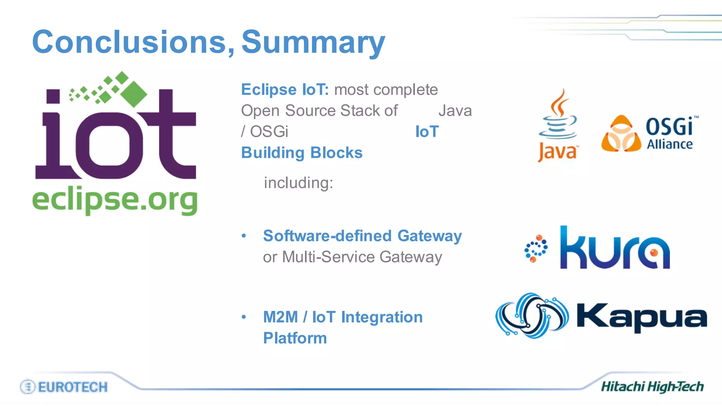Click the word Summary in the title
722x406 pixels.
(x=313, y=43)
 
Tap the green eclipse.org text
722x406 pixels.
(x=115, y=200)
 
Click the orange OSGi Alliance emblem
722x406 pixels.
(x=621, y=134)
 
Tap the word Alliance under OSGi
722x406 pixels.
(x=669, y=144)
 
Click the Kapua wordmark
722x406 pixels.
(x=641, y=317)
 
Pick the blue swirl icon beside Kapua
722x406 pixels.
(x=532, y=315)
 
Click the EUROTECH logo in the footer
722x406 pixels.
(x=64, y=387)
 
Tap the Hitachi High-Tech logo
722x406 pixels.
(x=652, y=387)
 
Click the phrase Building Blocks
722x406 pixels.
(x=302, y=153)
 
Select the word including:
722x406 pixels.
(x=298, y=183)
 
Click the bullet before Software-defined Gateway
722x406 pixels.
(x=244, y=236)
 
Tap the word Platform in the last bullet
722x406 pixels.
(x=295, y=338)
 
